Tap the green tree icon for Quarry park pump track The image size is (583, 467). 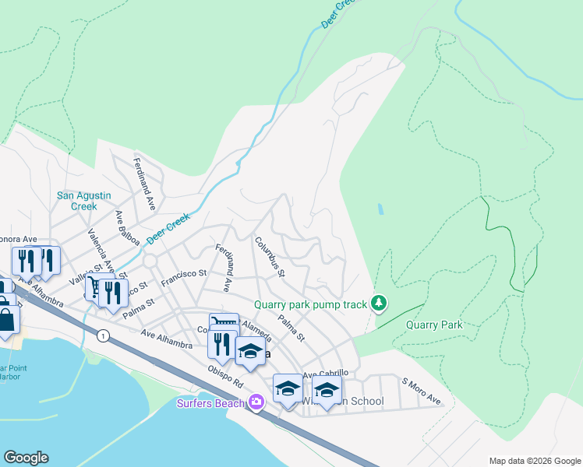(x=379, y=303)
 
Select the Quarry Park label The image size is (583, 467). (x=433, y=325)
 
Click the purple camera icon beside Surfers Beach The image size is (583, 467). (x=256, y=402)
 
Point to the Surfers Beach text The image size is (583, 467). (x=210, y=402)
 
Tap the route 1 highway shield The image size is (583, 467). (x=102, y=335)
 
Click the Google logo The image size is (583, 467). (x=26, y=458)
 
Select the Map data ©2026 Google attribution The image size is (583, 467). (x=534, y=461)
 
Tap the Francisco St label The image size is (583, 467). (x=183, y=279)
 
